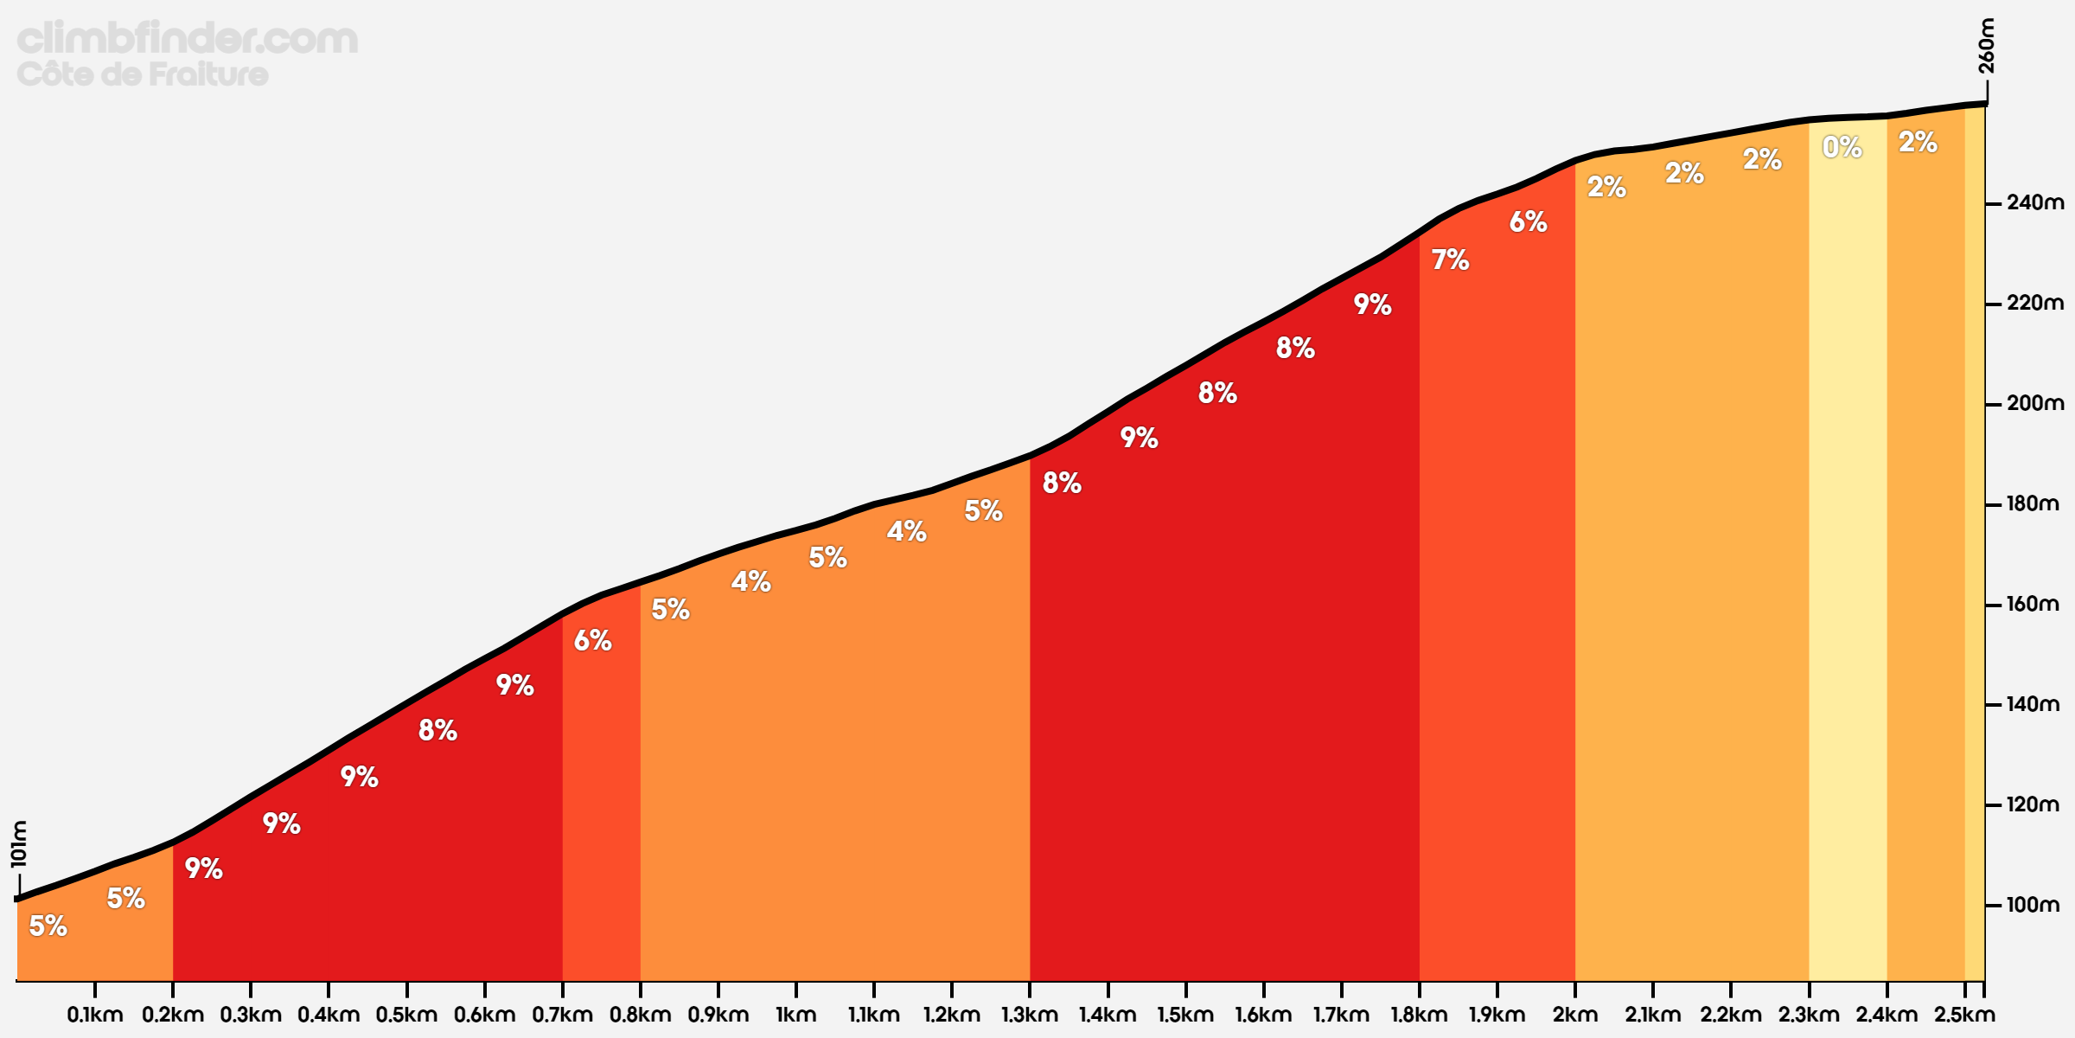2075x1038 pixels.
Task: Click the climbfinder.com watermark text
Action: coord(187,39)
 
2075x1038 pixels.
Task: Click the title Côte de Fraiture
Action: coord(143,74)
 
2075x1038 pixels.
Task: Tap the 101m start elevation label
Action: coord(19,843)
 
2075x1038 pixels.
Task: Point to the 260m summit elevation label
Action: coord(1987,46)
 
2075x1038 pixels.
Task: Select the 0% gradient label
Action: coord(1842,148)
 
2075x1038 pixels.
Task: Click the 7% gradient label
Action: coord(1450,259)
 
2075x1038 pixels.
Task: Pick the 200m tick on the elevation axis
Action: coord(2034,403)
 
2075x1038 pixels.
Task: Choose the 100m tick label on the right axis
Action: coord(2033,905)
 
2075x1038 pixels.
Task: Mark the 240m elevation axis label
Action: coord(2034,202)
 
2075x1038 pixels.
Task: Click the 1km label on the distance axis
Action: coord(795,1015)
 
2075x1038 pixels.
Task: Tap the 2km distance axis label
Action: coord(1574,1015)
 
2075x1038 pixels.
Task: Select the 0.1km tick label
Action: coord(95,1015)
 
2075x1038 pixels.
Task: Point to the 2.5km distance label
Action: coord(1964,1015)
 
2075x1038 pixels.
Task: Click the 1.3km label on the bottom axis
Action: coord(1029,1015)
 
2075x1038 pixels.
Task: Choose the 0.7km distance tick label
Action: coord(562,1015)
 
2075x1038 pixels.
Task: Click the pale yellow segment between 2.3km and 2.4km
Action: coord(1848,562)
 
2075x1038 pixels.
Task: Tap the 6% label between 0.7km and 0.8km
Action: coord(592,640)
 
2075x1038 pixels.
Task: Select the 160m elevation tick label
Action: coord(2033,604)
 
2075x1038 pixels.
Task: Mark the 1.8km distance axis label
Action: coord(1418,1015)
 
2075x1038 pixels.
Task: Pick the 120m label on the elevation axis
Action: coord(2033,804)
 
